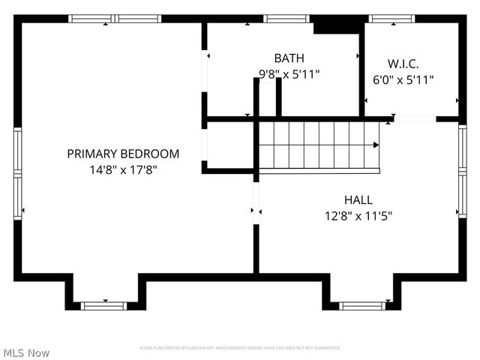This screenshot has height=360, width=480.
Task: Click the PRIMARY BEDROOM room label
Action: point(123,154)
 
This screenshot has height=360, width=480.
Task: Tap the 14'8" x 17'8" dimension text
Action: point(123,169)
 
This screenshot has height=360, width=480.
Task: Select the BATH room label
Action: point(289,58)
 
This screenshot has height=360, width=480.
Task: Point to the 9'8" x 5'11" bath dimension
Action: point(289,73)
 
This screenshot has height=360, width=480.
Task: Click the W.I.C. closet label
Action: point(403,63)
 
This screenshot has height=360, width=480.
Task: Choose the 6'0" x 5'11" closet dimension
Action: point(403,79)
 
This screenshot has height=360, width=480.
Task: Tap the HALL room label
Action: point(358,199)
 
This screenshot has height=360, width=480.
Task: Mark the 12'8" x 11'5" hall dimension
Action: point(358,215)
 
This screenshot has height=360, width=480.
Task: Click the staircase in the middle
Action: point(319,145)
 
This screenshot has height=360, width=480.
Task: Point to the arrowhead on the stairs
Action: point(376,145)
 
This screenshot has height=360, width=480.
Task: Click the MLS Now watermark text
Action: point(26,352)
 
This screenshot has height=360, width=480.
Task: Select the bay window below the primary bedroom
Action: point(103,305)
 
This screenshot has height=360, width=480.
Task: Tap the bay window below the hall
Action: point(362,305)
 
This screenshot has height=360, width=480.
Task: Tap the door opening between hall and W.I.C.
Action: point(415,118)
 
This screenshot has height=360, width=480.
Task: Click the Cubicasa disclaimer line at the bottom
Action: point(240,348)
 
